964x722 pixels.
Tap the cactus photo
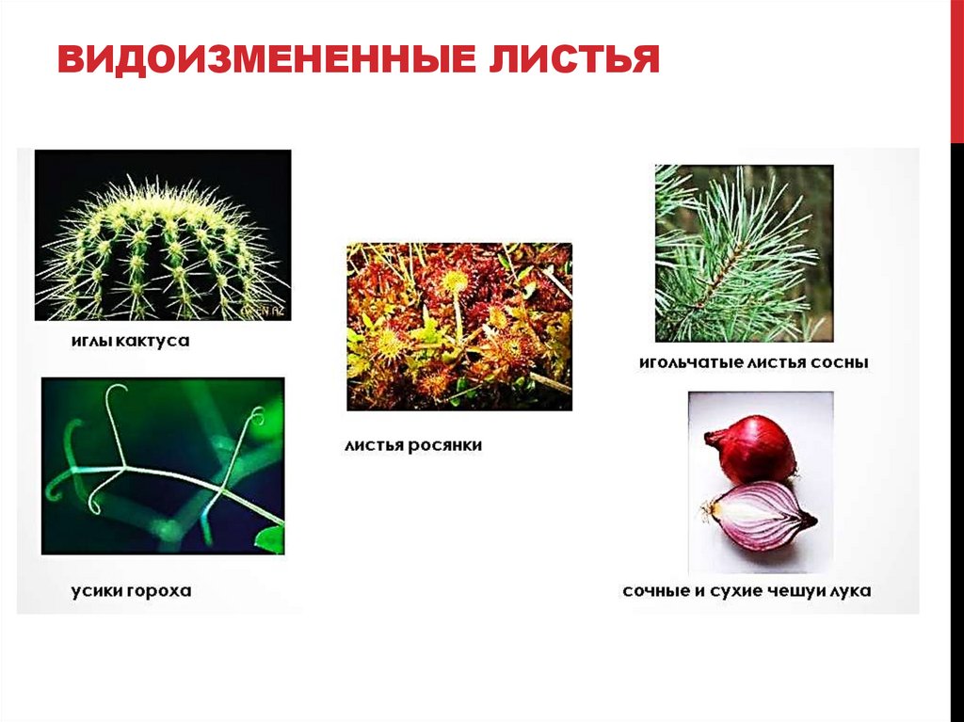coord(162,235)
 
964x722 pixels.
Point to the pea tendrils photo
coord(162,466)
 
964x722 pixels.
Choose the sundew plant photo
coord(458,327)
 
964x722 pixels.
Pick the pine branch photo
coord(744,253)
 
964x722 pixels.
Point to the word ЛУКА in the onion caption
coord(849,591)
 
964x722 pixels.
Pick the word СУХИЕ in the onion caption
coord(733,591)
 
